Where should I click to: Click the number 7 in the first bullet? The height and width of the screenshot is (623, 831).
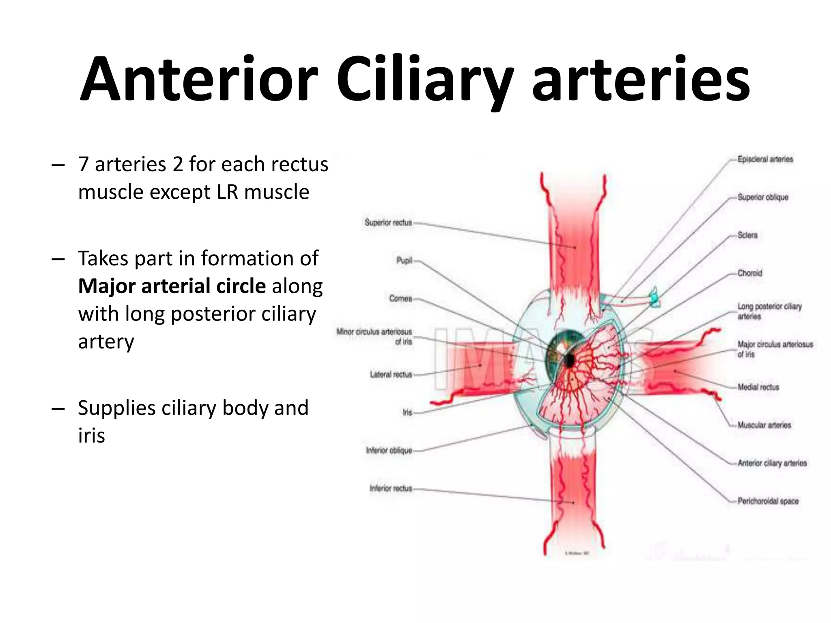click(x=84, y=164)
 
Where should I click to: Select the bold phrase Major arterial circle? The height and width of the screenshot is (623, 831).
click(x=172, y=286)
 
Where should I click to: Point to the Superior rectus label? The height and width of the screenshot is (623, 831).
click(x=388, y=222)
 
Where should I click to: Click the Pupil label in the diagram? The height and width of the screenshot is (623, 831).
click(x=404, y=260)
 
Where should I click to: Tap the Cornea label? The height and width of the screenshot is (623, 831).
click(x=400, y=299)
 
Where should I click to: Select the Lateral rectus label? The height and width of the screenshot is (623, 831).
click(x=391, y=374)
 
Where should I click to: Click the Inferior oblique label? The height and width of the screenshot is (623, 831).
click(x=389, y=450)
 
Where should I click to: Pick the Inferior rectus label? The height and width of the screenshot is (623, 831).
click(x=390, y=488)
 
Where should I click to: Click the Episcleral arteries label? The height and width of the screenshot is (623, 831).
click(x=765, y=159)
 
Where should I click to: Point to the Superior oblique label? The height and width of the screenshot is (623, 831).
click(x=763, y=197)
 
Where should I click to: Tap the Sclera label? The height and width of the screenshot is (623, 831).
click(x=747, y=235)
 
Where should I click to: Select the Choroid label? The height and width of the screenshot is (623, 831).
click(x=750, y=273)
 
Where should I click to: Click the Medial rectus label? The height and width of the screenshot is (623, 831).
click(x=758, y=387)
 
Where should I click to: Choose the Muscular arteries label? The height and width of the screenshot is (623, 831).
click(x=764, y=425)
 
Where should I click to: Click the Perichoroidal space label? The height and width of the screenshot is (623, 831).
click(x=768, y=501)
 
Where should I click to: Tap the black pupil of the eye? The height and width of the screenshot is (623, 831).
click(x=569, y=360)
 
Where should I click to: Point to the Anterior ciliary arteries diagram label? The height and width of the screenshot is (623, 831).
click(x=772, y=463)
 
